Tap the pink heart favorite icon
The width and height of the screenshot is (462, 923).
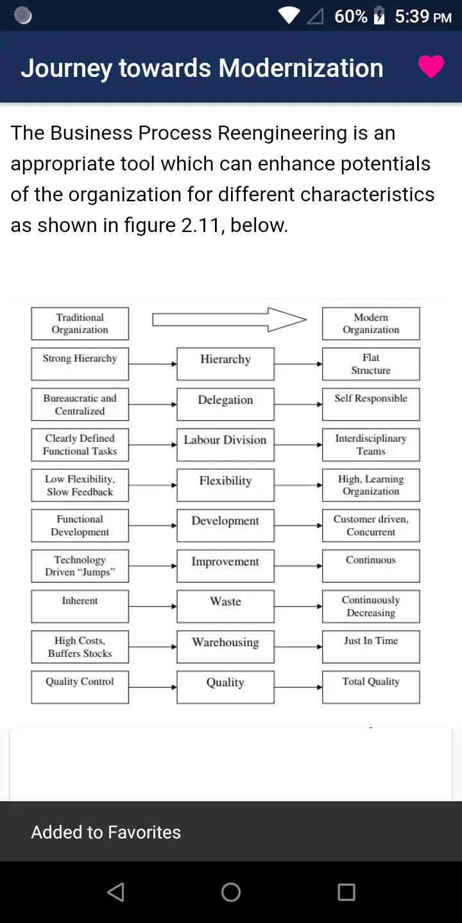click(x=431, y=67)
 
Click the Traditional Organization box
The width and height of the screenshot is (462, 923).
click(x=80, y=324)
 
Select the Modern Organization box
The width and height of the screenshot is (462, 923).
click(x=371, y=324)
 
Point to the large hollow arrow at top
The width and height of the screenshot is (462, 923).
click(x=229, y=319)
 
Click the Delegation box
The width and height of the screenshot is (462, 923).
click(x=225, y=404)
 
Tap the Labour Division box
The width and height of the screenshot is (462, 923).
click(x=225, y=445)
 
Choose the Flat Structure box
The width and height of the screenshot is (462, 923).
click(x=371, y=364)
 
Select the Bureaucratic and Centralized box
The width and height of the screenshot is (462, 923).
click(x=80, y=404)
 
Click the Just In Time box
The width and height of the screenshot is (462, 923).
click(x=371, y=647)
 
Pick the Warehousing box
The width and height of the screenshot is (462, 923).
click(x=225, y=647)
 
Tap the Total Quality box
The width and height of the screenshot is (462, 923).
click(x=371, y=687)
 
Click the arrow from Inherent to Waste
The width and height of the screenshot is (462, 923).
click(x=153, y=606)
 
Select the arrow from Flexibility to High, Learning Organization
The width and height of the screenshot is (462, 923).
click(x=298, y=485)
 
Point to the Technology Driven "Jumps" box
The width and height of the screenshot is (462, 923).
click(x=80, y=566)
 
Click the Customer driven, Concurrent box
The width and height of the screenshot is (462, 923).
click(x=371, y=526)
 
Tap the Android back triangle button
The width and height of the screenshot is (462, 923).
click(x=116, y=892)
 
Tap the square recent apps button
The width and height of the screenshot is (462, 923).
click(x=346, y=892)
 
